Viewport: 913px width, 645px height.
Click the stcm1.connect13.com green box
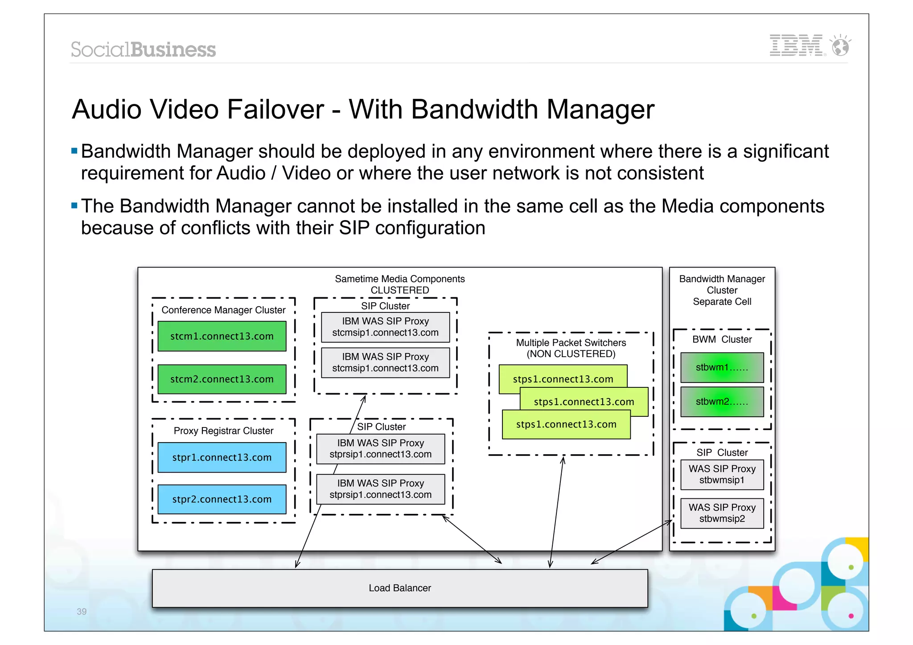(x=222, y=336)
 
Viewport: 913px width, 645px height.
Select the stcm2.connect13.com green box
(x=222, y=379)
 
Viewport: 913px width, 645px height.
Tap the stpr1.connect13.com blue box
(x=222, y=457)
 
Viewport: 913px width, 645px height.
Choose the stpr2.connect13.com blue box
(x=222, y=499)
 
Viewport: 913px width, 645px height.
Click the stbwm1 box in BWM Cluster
(x=722, y=367)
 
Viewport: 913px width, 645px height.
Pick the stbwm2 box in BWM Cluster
(x=722, y=402)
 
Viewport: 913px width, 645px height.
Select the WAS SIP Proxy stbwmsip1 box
(x=722, y=474)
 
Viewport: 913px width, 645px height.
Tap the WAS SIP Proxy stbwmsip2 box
(x=722, y=513)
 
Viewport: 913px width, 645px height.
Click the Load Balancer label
(x=399, y=588)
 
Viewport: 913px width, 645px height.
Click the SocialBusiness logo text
(x=143, y=49)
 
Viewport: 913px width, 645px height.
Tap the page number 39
(x=82, y=612)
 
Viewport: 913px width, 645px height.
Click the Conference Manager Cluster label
(x=223, y=310)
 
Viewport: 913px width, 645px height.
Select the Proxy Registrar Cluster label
(x=223, y=431)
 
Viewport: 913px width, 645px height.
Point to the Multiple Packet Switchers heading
(x=571, y=343)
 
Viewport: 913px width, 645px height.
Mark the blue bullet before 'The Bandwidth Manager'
(x=74, y=205)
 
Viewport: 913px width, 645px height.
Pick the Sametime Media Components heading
(x=399, y=279)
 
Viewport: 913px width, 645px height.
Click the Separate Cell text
(x=722, y=302)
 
